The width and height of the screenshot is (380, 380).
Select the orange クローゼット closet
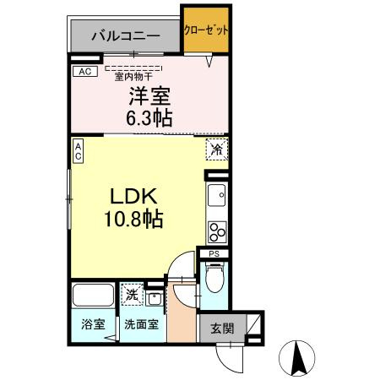(206, 29)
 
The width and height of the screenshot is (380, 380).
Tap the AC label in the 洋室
(84, 73)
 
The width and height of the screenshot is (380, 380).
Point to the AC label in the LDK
(78, 151)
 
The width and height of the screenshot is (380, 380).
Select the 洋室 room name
(150, 97)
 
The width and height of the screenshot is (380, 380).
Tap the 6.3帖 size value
(150, 117)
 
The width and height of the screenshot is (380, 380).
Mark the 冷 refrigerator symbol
(216, 149)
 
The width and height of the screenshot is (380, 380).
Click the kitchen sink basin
(217, 196)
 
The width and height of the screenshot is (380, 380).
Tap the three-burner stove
(217, 230)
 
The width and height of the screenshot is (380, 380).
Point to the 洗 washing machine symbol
(132, 295)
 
